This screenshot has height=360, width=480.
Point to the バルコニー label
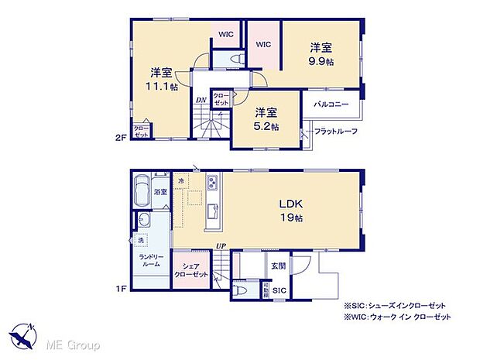[x=331, y=103]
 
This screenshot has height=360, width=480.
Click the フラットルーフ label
[x=336, y=131]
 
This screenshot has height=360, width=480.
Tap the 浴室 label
[x=161, y=191]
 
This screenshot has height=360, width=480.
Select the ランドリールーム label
[x=150, y=261]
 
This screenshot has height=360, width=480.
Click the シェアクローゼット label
[x=190, y=269]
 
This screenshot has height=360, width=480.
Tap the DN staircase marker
[x=200, y=101]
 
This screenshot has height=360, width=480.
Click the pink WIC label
[x=262, y=45]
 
